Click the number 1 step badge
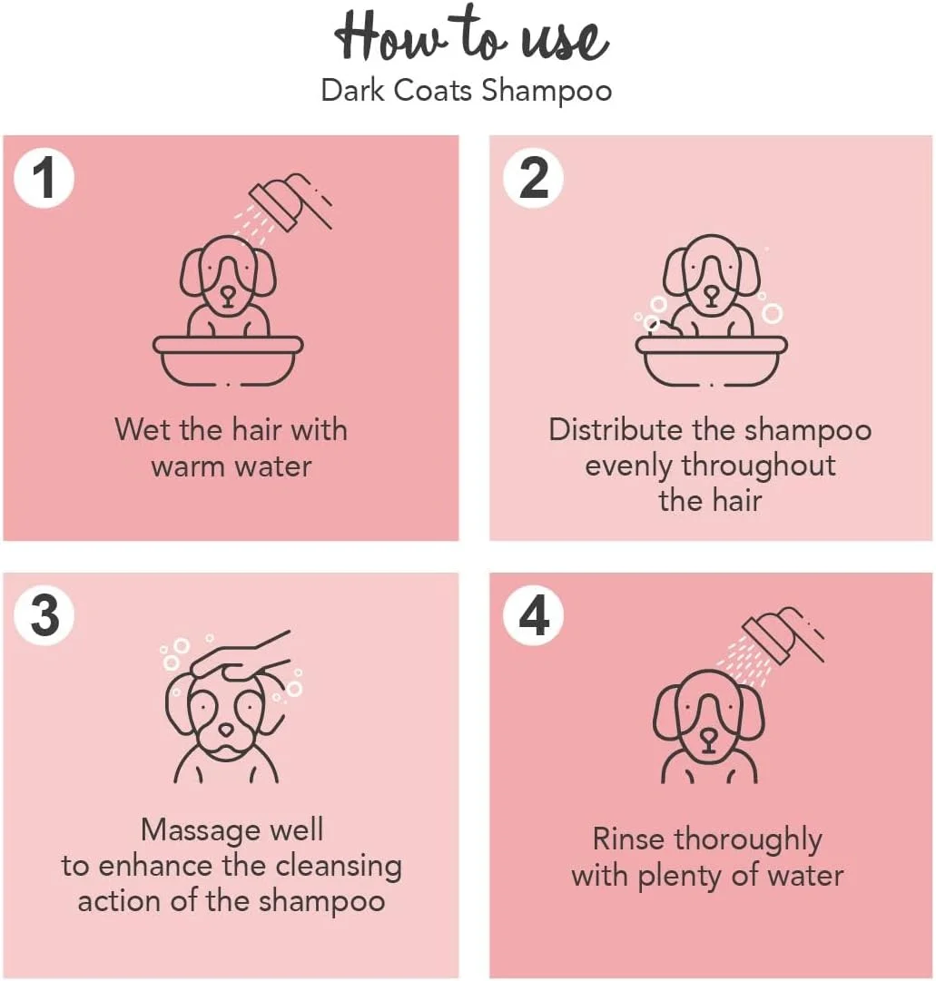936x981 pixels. (44, 178)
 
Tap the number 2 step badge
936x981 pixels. (534, 178)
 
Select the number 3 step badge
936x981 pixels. (44, 615)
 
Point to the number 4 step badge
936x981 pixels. (534, 615)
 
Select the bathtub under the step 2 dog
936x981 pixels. (712, 361)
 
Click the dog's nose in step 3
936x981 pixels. (226, 730)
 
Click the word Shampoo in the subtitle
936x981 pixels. (547, 92)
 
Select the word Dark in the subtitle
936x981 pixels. (352, 90)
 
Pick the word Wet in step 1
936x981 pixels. (143, 430)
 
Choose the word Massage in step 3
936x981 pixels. (202, 832)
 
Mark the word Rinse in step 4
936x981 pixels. (628, 839)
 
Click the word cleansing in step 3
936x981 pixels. (339, 868)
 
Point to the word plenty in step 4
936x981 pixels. (679, 878)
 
